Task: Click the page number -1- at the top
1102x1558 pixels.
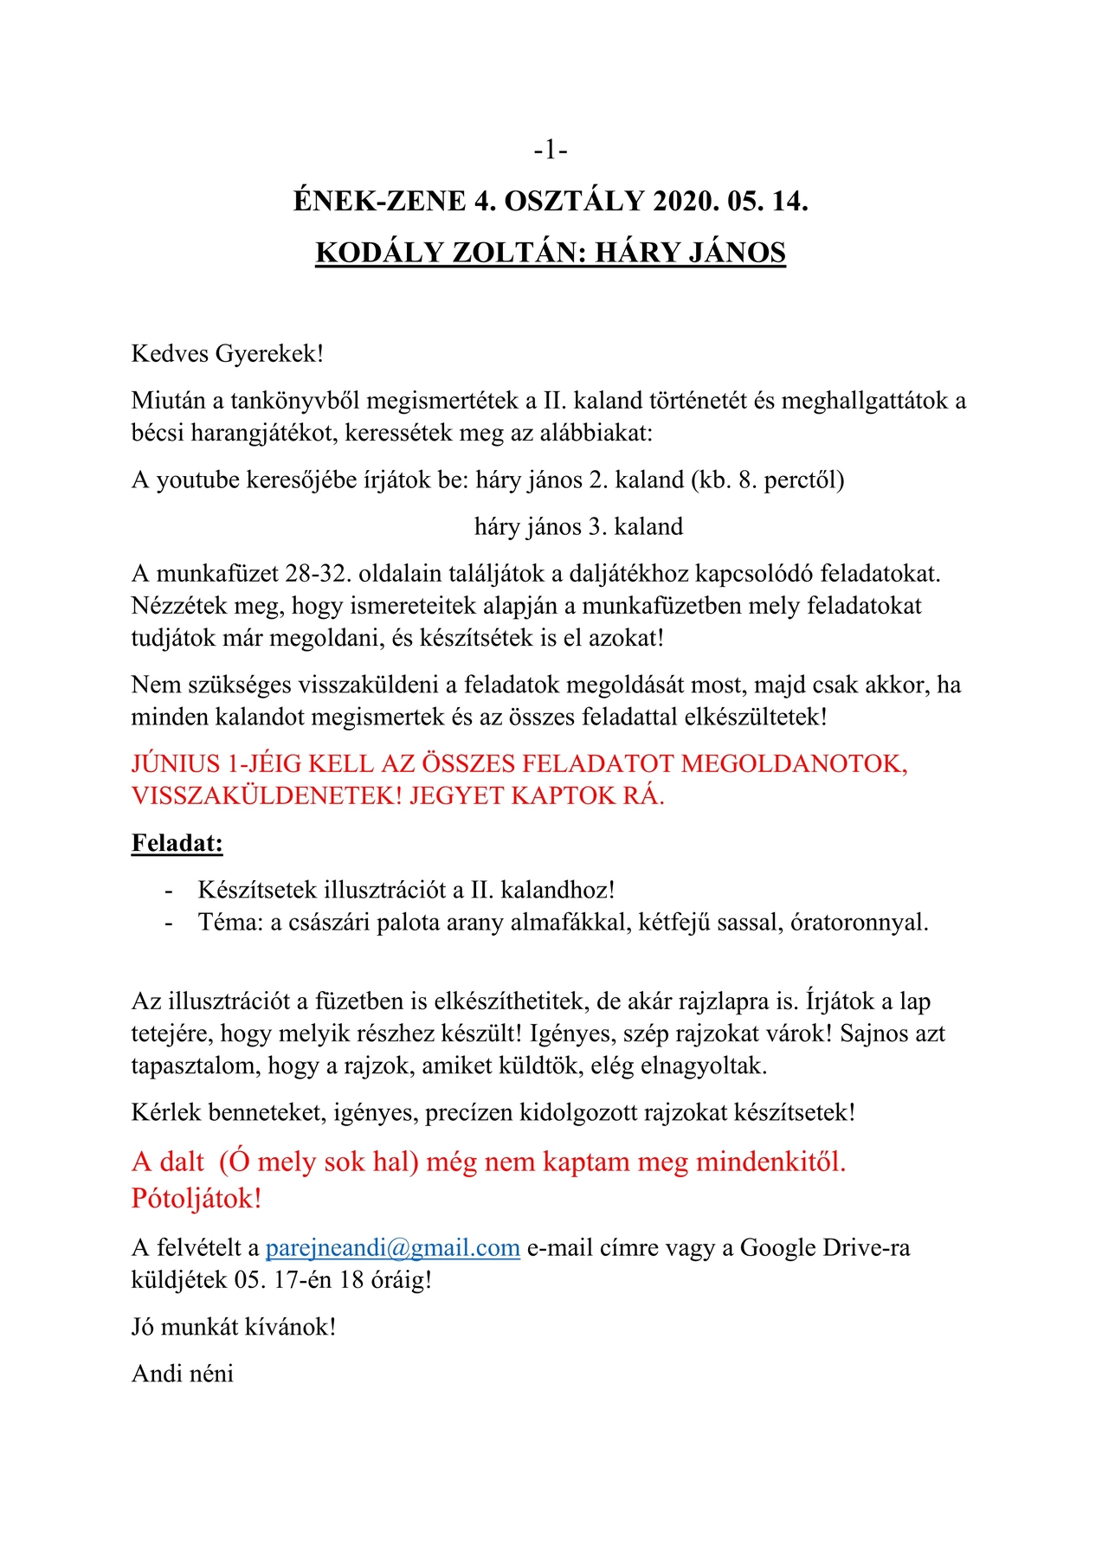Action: (551, 151)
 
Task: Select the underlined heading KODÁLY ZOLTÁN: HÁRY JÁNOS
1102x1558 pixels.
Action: (551, 252)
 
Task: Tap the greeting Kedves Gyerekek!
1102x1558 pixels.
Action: (228, 353)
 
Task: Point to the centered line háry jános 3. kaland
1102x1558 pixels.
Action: (578, 526)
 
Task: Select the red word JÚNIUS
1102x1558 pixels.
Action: (176, 763)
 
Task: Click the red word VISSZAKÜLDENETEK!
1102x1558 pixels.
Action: (267, 795)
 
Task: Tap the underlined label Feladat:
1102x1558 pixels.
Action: (177, 843)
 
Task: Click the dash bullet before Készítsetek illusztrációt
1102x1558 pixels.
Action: (169, 891)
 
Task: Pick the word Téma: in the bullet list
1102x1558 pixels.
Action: (230, 923)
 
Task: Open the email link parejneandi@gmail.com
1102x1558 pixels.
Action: (392, 1247)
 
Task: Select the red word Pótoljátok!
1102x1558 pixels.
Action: (197, 1199)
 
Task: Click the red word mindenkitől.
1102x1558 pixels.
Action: (770, 1162)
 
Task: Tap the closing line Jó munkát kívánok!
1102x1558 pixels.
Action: (234, 1327)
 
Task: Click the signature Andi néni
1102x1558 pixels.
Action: (183, 1374)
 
